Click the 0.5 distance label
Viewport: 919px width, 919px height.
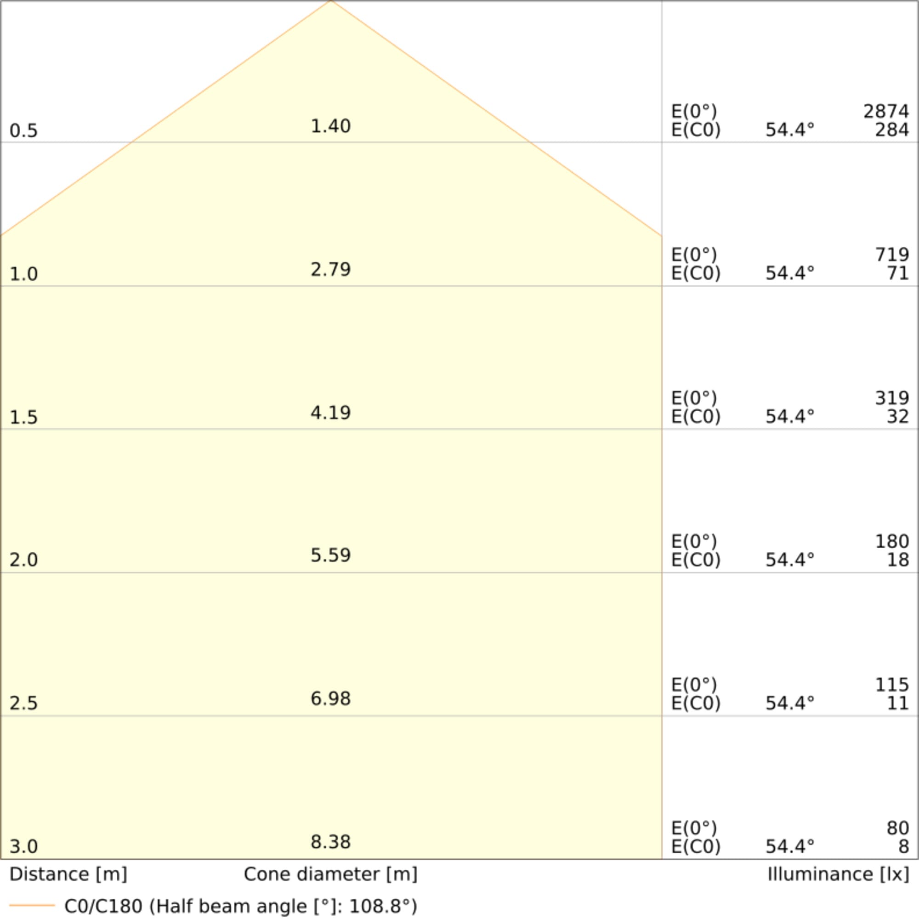pyautogui.click(x=23, y=131)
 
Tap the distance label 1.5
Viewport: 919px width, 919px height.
pyautogui.click(x=23, y=418)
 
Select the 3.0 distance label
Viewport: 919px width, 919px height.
pyautogui.click(x=23, y=847)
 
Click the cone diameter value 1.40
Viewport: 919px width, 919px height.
pyautogui.click(x=330, y=126)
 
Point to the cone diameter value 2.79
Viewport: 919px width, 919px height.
pyautogui.click(x=330, y=270)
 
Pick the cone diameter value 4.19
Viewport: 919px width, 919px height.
pyautogui.click(x=330, y=413)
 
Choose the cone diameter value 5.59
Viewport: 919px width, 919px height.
pyautogui.click(x=330, y=556)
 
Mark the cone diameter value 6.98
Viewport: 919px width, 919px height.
pyautogui.click(x=330, y=699)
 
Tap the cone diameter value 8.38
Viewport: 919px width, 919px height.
pyautogui.click(x=330, y=842)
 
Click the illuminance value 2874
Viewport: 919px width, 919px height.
pyautogui.click(x=886, y=112)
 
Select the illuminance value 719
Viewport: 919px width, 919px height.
pyautogui.click(x=892, y=255)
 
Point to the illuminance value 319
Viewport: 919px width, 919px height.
pyautogui.click(x=892, y=398)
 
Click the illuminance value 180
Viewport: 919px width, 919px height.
pyautogui.click(x=892, y=542)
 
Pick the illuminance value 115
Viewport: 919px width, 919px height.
pyautogui.click(x=892, y=685)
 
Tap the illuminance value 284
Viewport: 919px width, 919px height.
pyautogui.click(x=892, y=130)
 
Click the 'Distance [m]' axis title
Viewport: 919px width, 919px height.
pyautogui.click(x=68, y=874)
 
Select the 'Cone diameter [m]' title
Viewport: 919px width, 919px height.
pyautogui.click(x=330, y=874)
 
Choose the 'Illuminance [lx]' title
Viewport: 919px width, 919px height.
pyautogui.click(x=838, y=874)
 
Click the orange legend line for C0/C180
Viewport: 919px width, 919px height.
pyautogui.click(x=32, y=905)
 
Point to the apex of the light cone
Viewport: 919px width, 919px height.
pyautogui.click(x=331, y=1)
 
